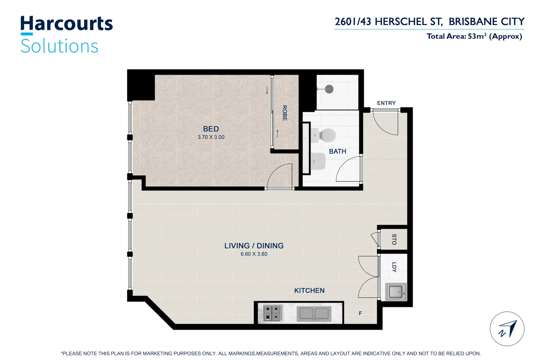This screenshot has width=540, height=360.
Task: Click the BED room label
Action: pos(211,129)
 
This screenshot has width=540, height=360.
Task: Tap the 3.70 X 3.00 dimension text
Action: pos(211,137)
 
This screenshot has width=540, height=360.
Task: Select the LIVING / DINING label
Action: pos(254,246)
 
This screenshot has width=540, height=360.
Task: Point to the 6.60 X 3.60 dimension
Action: pos(254,254)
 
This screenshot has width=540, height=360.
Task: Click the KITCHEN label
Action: pos(309,291)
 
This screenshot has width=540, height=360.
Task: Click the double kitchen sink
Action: pos(314,314)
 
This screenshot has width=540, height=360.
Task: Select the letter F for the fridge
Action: pos(360,313)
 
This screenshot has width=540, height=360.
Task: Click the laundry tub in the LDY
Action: pos(396,292)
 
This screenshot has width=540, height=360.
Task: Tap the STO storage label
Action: pos(394,239)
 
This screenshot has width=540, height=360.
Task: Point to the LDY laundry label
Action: pos(394,267)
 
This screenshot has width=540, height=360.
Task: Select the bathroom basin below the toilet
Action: pos(318,161)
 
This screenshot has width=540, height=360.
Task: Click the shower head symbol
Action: pos(329,89)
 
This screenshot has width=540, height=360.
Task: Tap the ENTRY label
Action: pos(386,103)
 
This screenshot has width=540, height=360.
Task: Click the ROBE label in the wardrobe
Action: pos(284,113)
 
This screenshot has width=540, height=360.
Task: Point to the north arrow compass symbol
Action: pos(507,329)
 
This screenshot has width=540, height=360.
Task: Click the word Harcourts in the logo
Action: pos(67,24)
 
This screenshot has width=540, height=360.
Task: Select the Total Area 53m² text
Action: pos(474,36)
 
